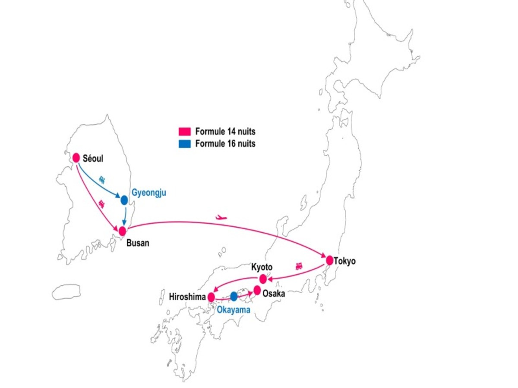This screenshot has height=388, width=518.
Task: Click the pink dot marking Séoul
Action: point(76,158)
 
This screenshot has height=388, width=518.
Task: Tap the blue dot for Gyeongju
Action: point(124,200)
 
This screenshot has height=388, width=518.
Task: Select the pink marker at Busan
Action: point(123,231)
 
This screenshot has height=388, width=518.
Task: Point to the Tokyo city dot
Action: point(330,260)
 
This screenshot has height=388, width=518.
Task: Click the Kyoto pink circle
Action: point(263,279)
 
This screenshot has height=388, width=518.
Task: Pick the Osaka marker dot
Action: point(257,291)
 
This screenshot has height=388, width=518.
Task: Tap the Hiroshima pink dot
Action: point(211,297)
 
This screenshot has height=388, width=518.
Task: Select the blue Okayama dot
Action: point(234,297)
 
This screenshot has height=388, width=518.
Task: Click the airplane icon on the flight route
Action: point(221,217)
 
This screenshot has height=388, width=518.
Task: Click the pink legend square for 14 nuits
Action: point(185,132)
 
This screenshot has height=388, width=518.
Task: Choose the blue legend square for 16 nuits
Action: point(185,144)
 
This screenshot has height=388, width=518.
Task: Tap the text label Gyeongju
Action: point(148,193)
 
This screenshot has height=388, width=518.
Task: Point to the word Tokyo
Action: point(345,261)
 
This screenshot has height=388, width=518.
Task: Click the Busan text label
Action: point(138,243)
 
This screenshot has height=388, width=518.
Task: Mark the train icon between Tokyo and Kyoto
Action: point(299,266)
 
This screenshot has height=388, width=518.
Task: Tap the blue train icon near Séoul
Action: point(102,178)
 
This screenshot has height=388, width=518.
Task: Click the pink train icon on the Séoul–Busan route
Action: point(101,202)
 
